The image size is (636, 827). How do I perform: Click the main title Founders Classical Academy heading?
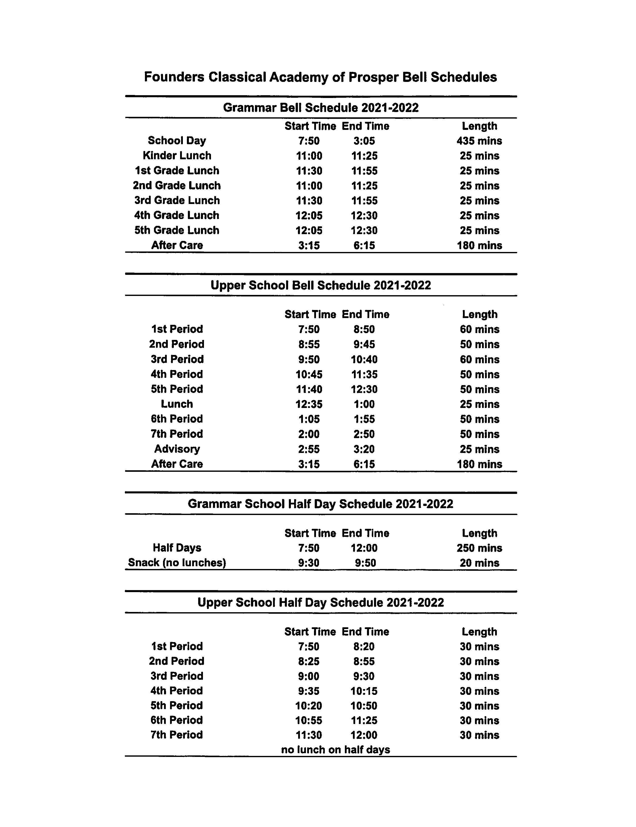pyautogui.click(x=320, y=77)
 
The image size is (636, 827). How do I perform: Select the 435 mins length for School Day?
pyautogui.click(x=479, y=141)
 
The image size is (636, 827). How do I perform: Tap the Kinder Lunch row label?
pyautogui.click(x=177, y=156)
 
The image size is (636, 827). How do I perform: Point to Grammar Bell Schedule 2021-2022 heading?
pyautogui.click(x=321, y=108)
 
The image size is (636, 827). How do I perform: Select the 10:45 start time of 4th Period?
pyautogui.click(x=309, y=375)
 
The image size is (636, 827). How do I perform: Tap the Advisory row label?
pyautogui.click(x=177, y=449)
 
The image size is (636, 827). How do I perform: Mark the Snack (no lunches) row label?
pyautogui.click(x=177, y=563)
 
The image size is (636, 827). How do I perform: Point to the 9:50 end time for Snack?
pyautogui.click(x=365, y=563)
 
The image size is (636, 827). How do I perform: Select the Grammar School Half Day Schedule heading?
pyautogui.click(x=320, y=504)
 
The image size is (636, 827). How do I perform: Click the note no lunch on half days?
pyautogui.click(x=335, y=750)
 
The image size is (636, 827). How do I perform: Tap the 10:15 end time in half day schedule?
pyautogui.click(x=364, y=691)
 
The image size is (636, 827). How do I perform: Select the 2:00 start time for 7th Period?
pyautogui.click(x=309, y=434)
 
